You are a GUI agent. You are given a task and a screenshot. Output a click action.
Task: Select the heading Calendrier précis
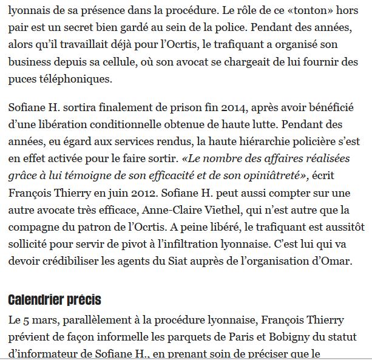pyautogui.click(x=55, y=299)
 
